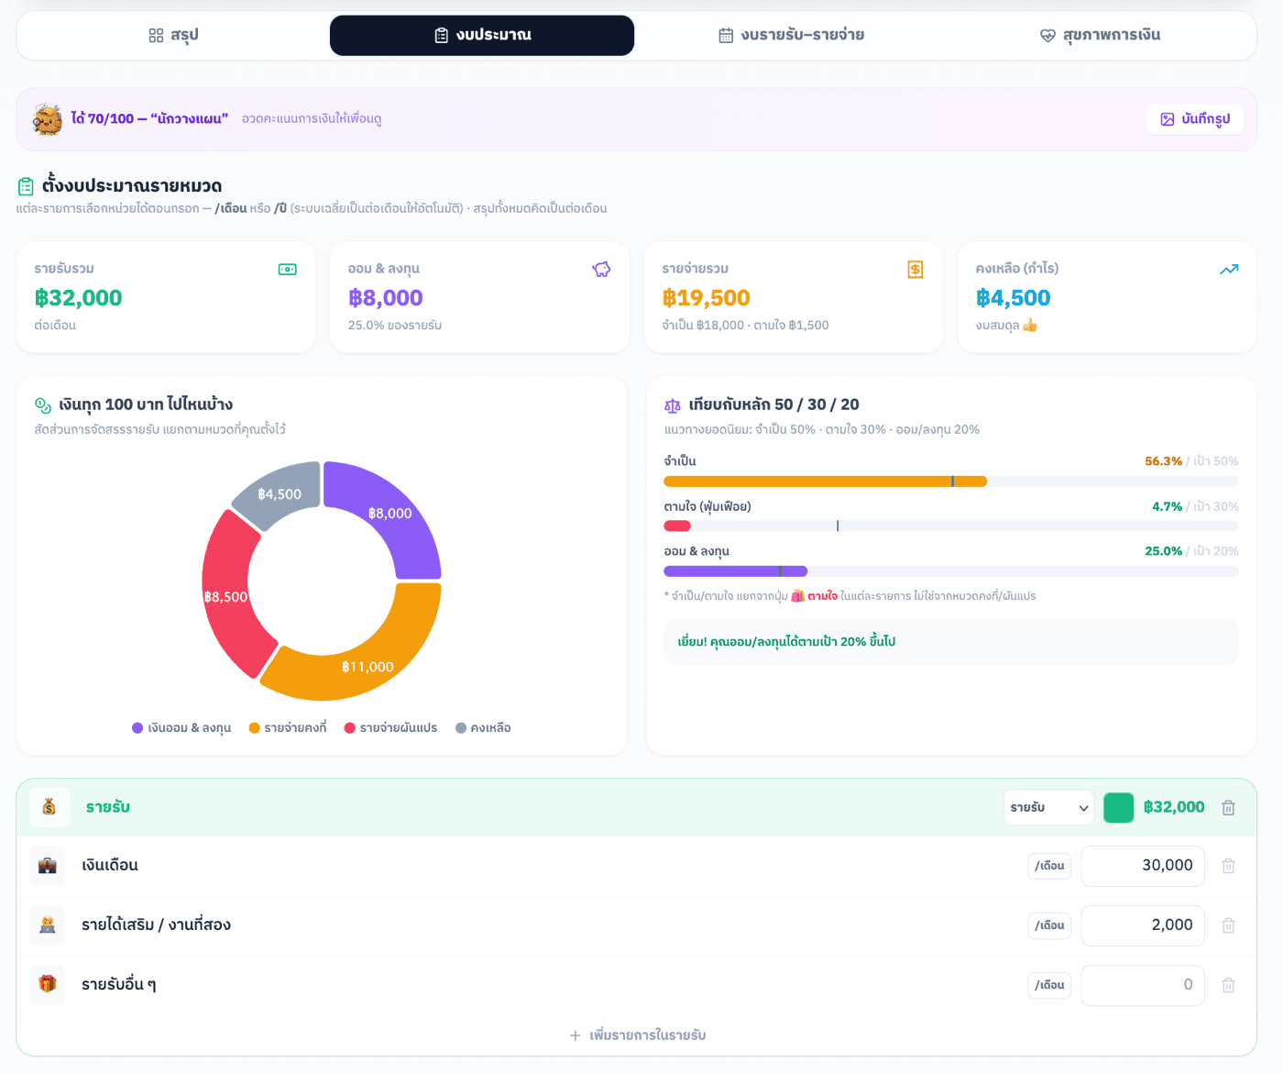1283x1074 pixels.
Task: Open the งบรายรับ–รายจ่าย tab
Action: (792, 35)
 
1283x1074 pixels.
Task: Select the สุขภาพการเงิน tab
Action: (1100, 35)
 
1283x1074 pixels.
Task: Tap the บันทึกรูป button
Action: (1194, 118)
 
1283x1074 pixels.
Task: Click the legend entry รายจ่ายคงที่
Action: (288, 727)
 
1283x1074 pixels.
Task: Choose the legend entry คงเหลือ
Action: (483, 727)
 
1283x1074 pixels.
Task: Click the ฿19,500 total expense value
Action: (706, 298)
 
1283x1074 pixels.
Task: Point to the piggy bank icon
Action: (601, 269)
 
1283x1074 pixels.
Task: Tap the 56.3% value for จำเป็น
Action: (1163, 460)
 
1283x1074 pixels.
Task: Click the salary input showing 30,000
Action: (1142, 866)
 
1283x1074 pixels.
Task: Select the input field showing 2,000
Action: (1142, 925)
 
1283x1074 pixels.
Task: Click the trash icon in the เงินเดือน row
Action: (1228, 866)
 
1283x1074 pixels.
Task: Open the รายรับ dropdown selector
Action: (1048, 807)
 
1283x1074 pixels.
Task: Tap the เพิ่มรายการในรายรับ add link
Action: (637, 1035)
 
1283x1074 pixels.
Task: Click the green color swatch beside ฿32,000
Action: (1118, 808)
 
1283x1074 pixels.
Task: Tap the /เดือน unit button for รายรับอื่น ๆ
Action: (1049, 985)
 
